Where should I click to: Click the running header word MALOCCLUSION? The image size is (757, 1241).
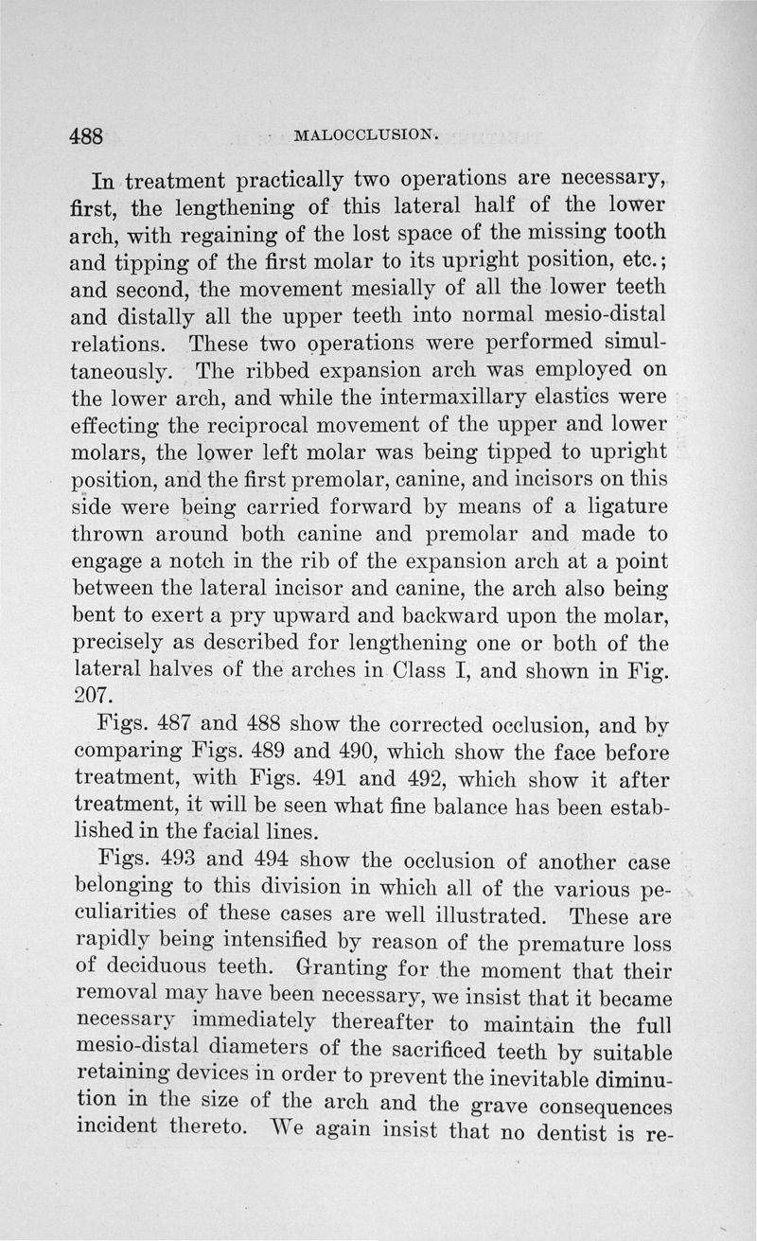pos(366,134)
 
